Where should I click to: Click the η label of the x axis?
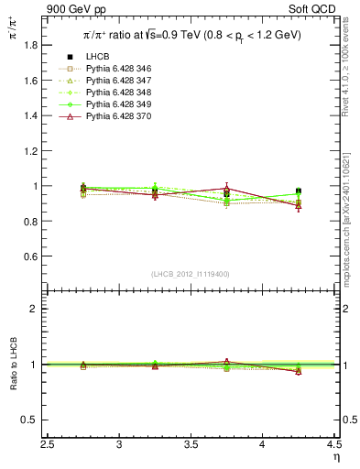[336, 457]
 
